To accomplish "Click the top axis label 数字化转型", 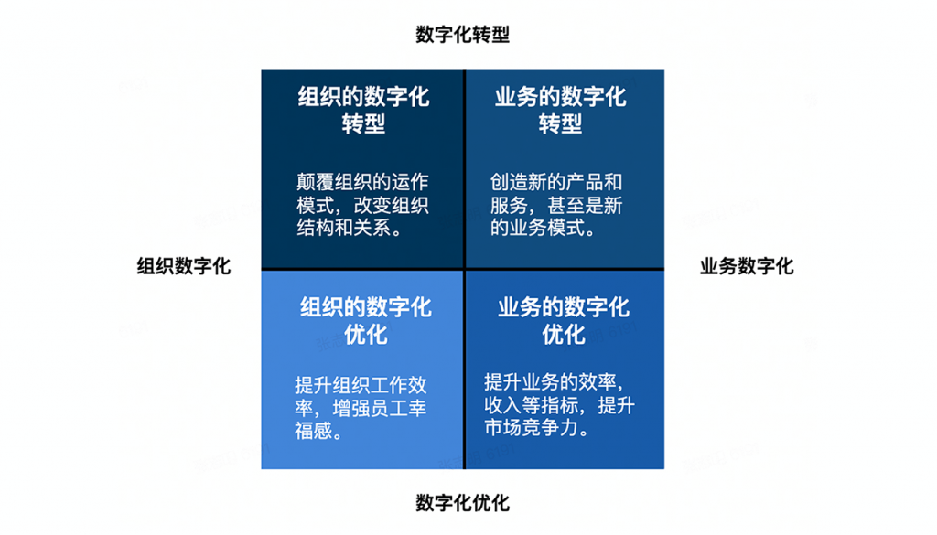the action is (x=462, y=35).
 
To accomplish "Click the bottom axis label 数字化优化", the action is (x=462, y=503).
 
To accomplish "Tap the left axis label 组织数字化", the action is (x=184, y=266).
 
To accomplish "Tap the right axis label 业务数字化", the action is (x=747, y=266).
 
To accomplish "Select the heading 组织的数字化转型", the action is (x=363, y=110).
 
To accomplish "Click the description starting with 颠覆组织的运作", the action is (x=362, y=205).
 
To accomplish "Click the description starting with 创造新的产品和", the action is (x=556, y=205).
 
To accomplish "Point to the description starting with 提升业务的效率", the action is (x=559, y=404).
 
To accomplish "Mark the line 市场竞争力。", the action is (x=535, y=427).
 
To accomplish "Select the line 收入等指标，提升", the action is (x=559, y=404).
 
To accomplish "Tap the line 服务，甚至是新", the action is (x=556, y=206).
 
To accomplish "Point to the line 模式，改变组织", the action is (x=362, y=206).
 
